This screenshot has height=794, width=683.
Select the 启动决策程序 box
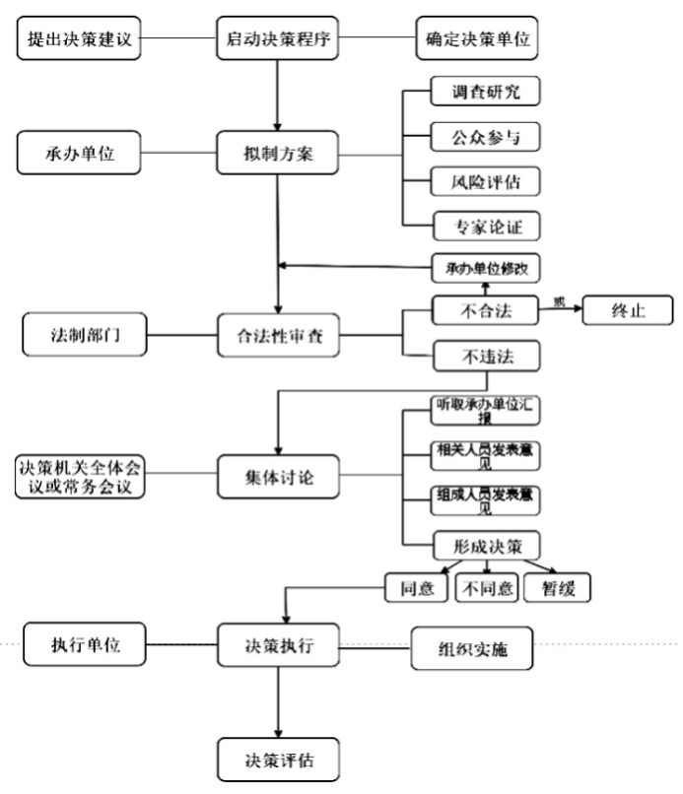[x=279, y=40]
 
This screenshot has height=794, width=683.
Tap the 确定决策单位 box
[x=477, y=40]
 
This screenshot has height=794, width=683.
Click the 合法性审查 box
[x=279, y=335]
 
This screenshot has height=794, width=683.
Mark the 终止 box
[x=628, y=310]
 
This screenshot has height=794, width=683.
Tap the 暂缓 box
[x=557, y=589]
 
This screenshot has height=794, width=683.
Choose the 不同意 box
[x=487, y=589]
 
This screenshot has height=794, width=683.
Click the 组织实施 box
[x=472, y=649]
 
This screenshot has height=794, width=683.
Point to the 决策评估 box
[x=279, y=760]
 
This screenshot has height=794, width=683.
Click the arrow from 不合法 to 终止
[x=561, y=310]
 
